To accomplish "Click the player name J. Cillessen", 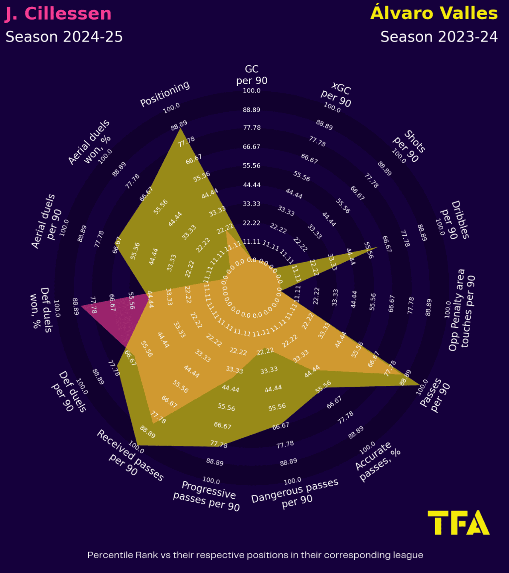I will [x=58, y=14].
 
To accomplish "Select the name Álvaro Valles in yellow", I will [x=434, y=13].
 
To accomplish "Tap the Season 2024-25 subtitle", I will [x=64, y=37].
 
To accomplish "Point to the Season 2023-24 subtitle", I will [x=439, y=37].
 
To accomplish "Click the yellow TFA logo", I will [x=458, y=523].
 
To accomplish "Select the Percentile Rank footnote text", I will [x=255, y=555].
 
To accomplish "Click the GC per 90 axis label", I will [x=252, y=75].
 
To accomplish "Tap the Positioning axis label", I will [x=165, y=94].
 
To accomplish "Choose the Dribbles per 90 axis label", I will [x=454, y=221].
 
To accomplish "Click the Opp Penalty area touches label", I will [x=462, y=310].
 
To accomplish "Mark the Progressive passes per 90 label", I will [x=207, y=496].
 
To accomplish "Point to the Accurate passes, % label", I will [x=377, y=462].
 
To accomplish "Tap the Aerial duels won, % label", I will [x=90, y=142].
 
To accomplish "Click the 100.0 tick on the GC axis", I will [x=252, y=91].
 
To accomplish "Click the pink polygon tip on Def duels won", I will [x=82, y=306].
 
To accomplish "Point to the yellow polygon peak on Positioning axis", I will [x=181, y=128].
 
